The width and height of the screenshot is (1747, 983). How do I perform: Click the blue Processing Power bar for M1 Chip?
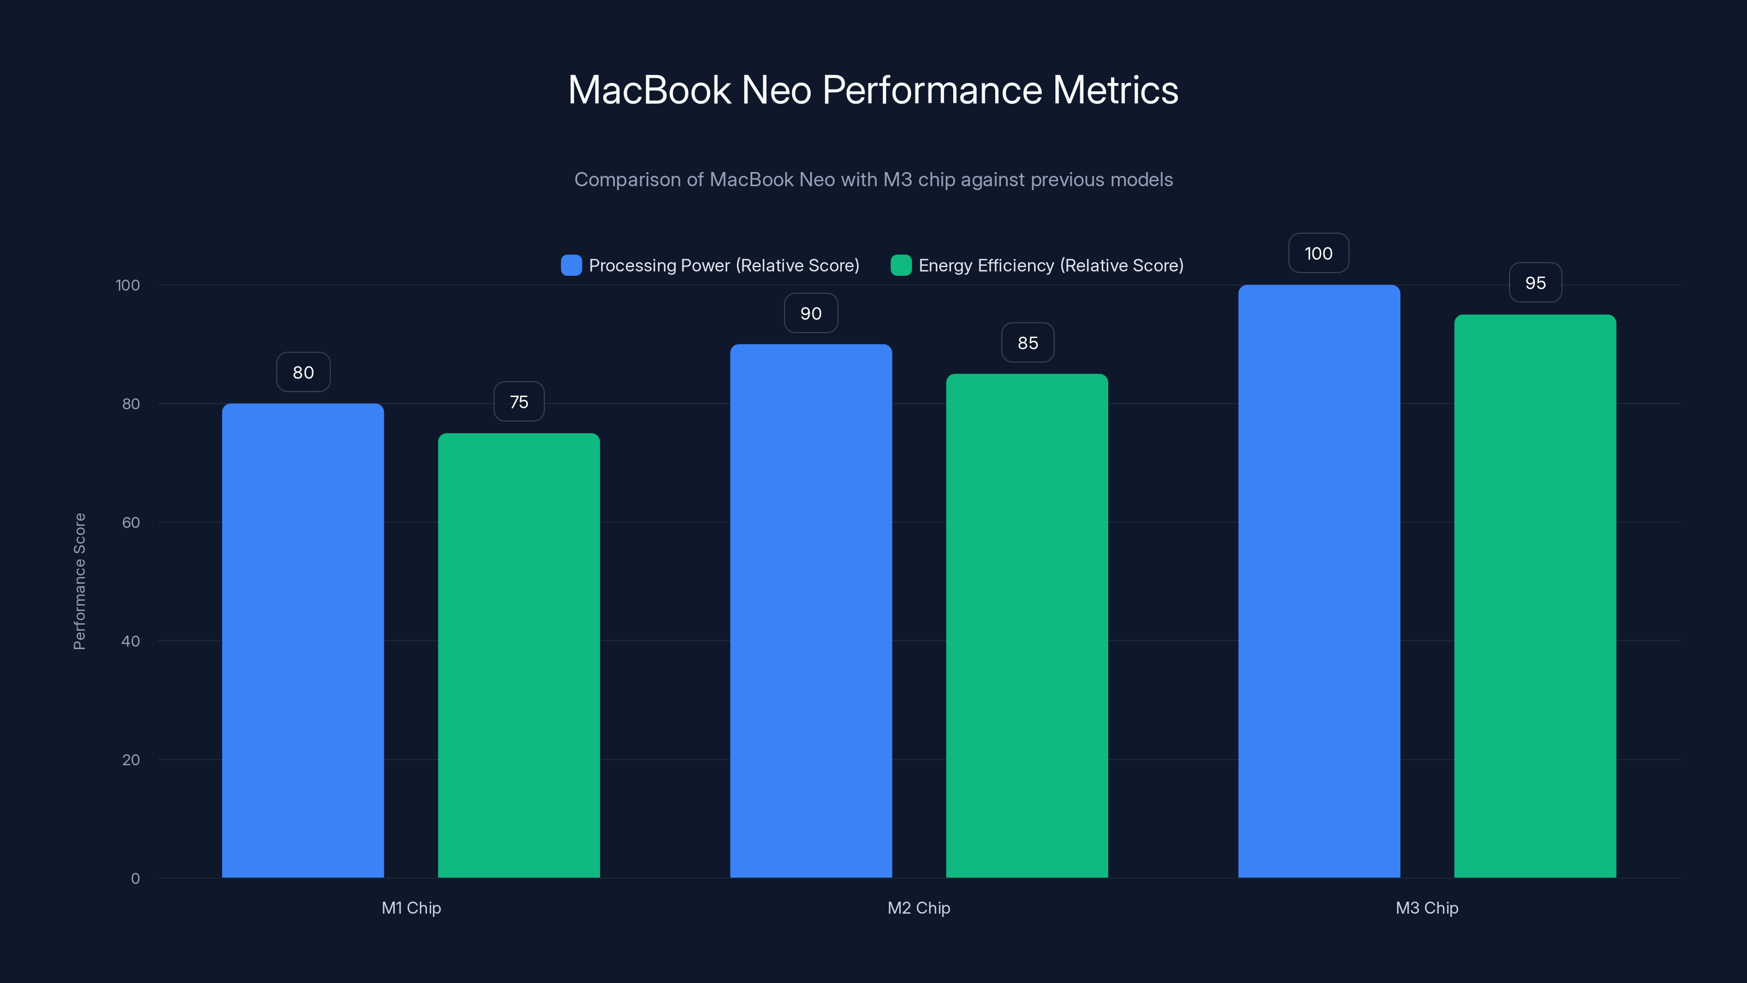pyautogui.click(x=302, y=641)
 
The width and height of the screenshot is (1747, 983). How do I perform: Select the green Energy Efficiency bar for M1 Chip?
pyautogui.click(x=519, y=655)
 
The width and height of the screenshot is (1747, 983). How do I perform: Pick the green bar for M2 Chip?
pyautogui.click(x=1027, y=625)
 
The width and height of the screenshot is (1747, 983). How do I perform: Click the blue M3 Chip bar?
pyautogui.click(x=1319, y=582)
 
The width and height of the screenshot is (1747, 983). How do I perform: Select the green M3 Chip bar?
pyautogui.click(x=1535, y=596)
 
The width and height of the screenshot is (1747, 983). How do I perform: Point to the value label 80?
pyautogui.click(x=303, y=372)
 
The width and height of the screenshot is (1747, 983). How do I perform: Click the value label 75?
pyautogui.click(x=519, y=401)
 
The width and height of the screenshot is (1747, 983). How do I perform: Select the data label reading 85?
pyautogui.click(x=1027, y=342)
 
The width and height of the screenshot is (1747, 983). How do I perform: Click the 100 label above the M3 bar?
pyautogui.click(x=1318, y=253)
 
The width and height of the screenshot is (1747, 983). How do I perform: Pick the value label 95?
pyautogui.click(x=1535, y=283)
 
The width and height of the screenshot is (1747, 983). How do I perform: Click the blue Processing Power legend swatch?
pyautogui.click(x=571, y=265)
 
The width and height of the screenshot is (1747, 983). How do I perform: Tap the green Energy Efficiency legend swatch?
pyautogui.click(x=901, y=265)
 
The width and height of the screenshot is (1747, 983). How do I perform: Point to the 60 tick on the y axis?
pyautogui.click(x=131, y=523)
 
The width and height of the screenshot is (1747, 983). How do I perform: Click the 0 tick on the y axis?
pyautogui.click(x=135, y=879)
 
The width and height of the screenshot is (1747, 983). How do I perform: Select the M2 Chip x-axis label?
pyautogui.click(x=918, y=908)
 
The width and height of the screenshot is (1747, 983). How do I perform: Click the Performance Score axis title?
pyautogui.click(x=79, y=582)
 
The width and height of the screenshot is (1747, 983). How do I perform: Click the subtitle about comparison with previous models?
pyautogui.click(x=873, y=180)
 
